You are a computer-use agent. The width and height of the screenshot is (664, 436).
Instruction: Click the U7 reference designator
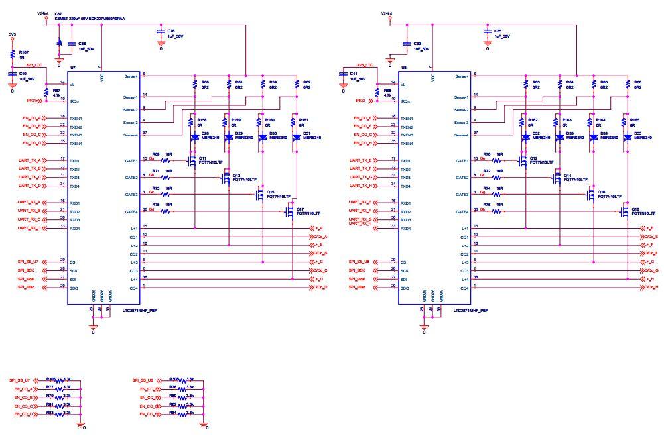pos(72,68)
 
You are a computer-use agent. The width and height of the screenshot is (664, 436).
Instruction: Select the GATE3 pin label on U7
pos(131,194)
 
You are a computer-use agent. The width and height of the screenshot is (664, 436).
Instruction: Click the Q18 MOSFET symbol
pos(624,211)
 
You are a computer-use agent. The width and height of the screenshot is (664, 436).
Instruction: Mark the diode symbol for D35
pos(626,138)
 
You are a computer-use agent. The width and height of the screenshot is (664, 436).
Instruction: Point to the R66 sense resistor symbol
pos(626,84)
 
